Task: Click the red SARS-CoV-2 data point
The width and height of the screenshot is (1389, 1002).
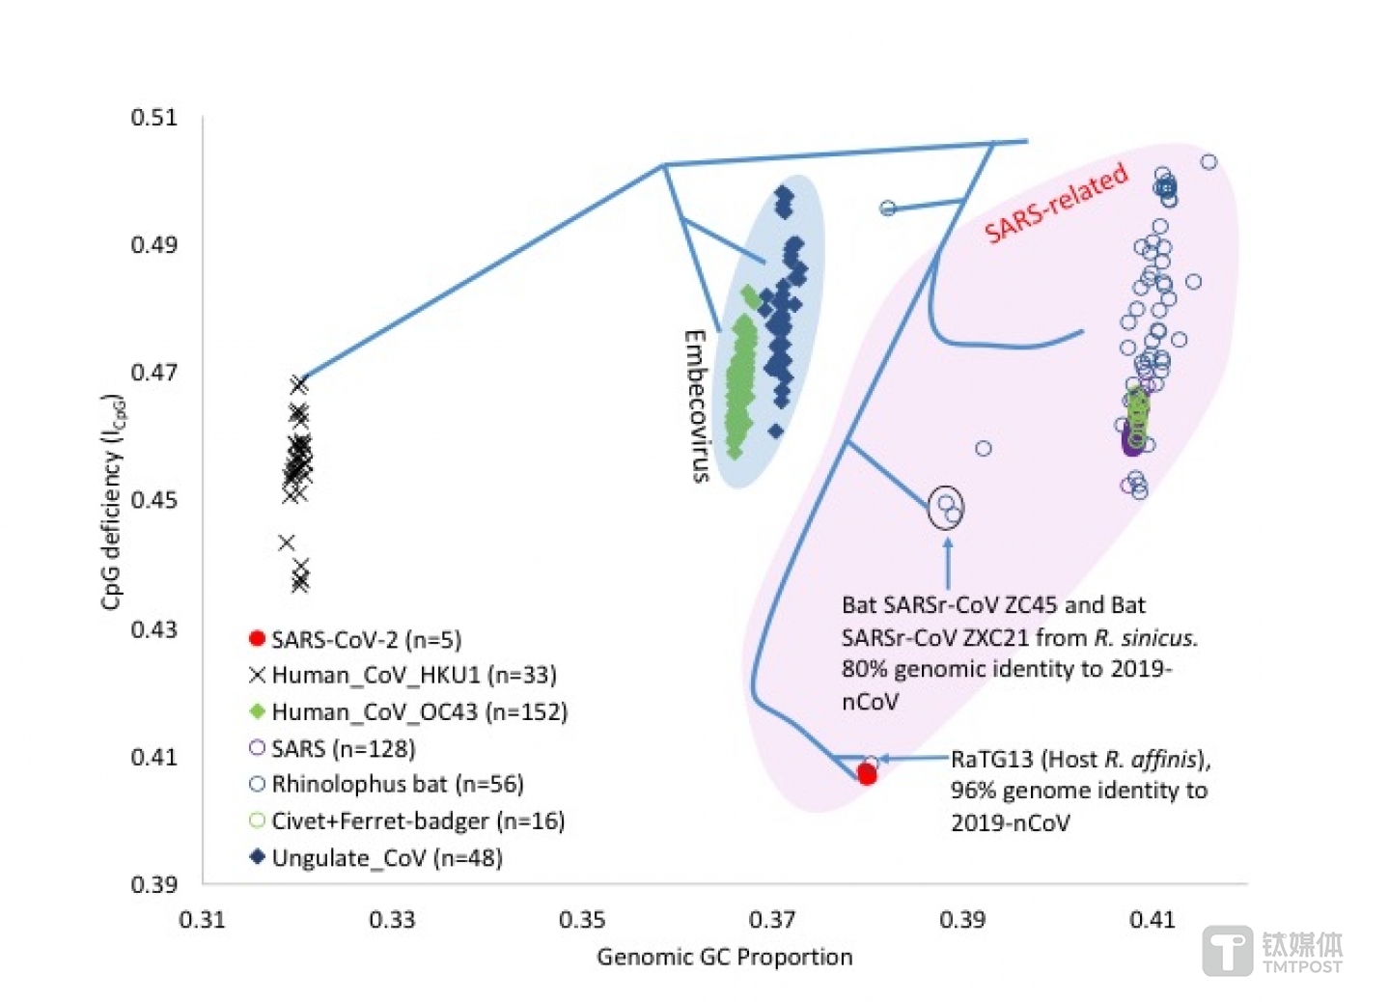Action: [x=866, y=774]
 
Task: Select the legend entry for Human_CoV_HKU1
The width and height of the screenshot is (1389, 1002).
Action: [x=403, y=675]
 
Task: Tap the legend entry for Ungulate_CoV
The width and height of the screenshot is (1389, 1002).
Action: [x=375, y=858]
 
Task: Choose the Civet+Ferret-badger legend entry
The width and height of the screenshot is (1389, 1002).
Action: [x=406, y=821]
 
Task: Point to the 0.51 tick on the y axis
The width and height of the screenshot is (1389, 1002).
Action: [x=153, y=117]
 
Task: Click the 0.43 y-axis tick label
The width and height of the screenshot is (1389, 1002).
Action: [x=153, y=629]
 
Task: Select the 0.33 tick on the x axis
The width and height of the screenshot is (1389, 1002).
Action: [x=392, y=920]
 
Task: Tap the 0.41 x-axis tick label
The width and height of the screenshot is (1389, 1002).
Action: [x=1153, y=920]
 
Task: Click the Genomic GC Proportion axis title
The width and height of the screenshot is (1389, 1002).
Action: [x=724, y=958]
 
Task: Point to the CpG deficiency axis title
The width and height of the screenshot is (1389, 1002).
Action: [x=112, y=501]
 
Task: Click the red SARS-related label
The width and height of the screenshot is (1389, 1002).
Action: [x=1056, y=202]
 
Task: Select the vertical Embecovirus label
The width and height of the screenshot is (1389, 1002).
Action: [x=696, y=406]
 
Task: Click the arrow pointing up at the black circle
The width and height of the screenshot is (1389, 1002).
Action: [x=948, y=563]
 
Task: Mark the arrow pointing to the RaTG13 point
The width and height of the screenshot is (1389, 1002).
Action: [x=915, y=758]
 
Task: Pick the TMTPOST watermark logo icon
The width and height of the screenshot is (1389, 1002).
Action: [x=1228, y=951]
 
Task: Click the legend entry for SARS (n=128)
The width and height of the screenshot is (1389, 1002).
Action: [x=332, y=748]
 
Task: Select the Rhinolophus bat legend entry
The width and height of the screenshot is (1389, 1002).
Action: [x=386, y=784]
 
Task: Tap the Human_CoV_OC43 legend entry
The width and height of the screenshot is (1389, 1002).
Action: [x=408, y=711]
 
